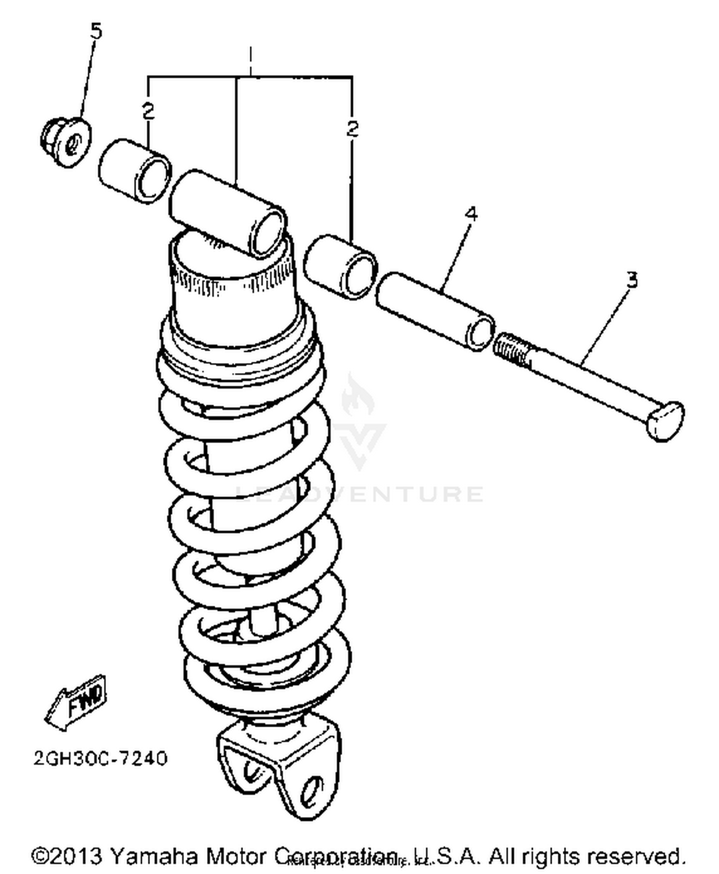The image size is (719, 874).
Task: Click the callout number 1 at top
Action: (250, 58)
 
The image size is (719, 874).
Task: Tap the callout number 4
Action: (471, 214)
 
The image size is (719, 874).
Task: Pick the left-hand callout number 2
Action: (149, 111)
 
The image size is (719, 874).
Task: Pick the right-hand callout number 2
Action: (352, 128)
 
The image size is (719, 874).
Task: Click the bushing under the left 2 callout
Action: (135, 171)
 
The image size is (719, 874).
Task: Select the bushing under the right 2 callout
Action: (340, 266)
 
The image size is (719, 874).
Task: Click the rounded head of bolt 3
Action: (665, 420)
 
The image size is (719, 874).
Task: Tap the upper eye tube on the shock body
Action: (228, 211)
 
